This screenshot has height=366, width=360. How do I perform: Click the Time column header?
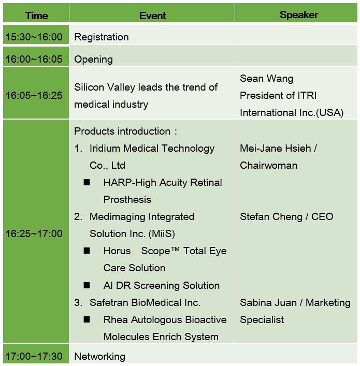tap(37, 16)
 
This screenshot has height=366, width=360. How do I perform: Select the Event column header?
tap(152, 16)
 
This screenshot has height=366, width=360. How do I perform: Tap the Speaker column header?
tap(299, 14)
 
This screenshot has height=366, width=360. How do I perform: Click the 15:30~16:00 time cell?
tap(34, 37)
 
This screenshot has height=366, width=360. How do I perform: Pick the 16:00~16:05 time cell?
tap(34, 59)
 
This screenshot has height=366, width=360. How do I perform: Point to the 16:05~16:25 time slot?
tap(34, 95)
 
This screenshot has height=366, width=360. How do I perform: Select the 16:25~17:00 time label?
tap(34, 233)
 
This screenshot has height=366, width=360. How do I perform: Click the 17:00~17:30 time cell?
tap(34, 356)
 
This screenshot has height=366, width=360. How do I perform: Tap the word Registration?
tap(102, 37)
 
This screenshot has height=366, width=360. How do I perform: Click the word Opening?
tap(93, 60)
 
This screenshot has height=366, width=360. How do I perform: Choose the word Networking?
tap(100, 357)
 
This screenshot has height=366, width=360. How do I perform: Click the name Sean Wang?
tap(267, 79)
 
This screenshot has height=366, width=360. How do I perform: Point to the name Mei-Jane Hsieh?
tap(276, 148)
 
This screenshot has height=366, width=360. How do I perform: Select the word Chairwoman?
tap(269, 165)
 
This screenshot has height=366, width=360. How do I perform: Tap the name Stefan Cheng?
tap(271, 217)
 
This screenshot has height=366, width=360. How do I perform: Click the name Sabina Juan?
tap(268, 302)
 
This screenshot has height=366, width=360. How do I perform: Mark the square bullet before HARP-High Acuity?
tap(87, 182)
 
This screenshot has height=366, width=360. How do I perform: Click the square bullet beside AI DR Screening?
tap(87, 285)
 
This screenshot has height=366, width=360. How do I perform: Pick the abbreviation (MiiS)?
tap(162, 234)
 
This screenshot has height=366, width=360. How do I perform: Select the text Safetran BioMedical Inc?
tap(145, 302)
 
